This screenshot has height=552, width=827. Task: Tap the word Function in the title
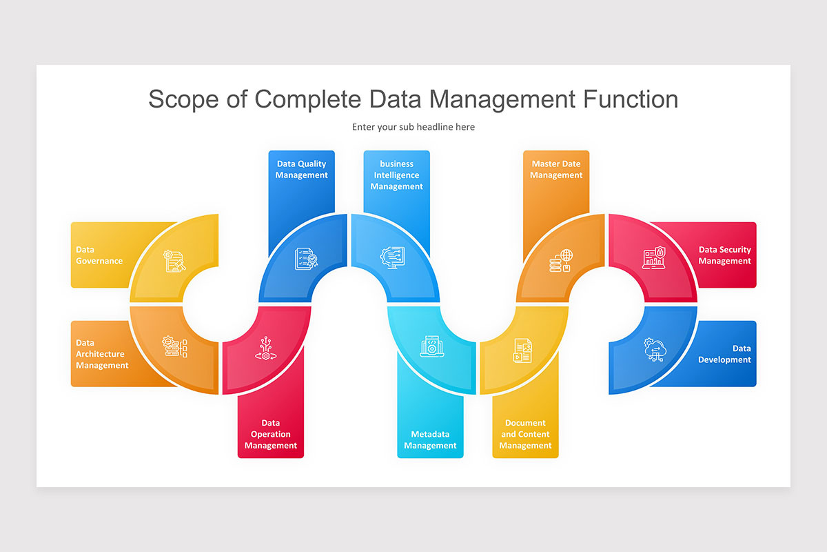(x=631, y=99)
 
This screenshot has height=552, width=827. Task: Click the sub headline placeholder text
(x=413, y=127)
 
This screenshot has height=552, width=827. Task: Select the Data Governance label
(x=99, y=255)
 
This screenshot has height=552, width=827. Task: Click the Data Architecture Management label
(x=102, y=354)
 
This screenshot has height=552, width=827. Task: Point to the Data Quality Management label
(x=301, y=170)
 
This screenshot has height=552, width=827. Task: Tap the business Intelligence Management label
(x=397, y=175)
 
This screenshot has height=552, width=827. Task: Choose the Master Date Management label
(x=556, y=170)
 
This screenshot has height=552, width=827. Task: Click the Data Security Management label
(x=724, y=255)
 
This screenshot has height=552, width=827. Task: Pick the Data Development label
(x=724, y=354)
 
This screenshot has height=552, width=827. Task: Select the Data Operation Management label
(x=271, y=434)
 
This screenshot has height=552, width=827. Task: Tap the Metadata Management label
(x=430, y=440)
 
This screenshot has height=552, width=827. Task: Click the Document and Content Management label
(x=525, y=434)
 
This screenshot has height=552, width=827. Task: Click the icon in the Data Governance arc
(x=174, y=261)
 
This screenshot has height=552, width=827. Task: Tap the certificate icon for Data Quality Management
(x=306, y=259)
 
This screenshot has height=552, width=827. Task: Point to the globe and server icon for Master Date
(x=561, y=260)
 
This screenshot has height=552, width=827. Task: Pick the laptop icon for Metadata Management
(x=432, y=346)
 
